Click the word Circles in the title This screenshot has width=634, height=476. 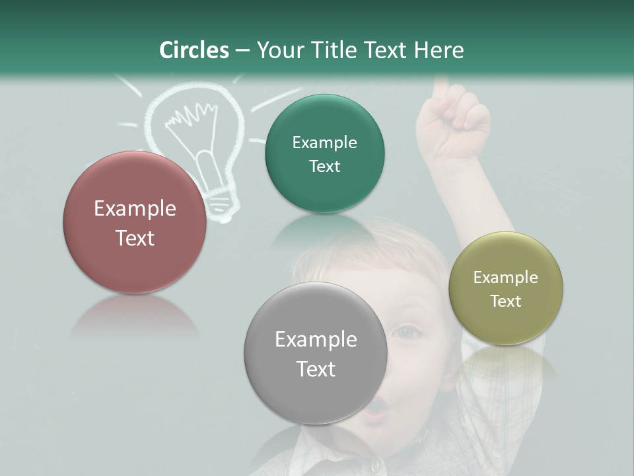(x=194, y=50)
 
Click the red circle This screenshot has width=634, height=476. (x=135, y=222)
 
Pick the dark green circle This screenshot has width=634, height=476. (x=324, y=154)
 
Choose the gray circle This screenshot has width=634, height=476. (x=316, y=353)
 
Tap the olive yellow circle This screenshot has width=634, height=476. (x=505, y=288)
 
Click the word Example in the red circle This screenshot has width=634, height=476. (x=135, y=209)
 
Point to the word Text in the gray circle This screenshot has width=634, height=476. (x=316, y=369)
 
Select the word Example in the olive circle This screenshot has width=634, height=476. (x=505, y=278)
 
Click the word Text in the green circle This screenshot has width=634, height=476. (x=324, y=167)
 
